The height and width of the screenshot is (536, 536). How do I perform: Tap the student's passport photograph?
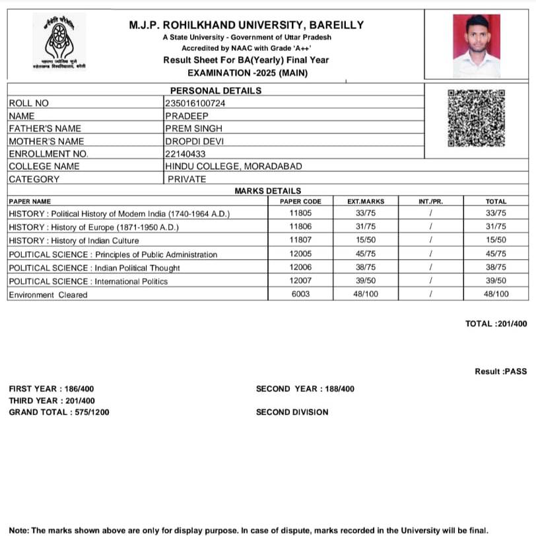tap(476, 46)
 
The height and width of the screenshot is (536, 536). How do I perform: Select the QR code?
tap(476, 118)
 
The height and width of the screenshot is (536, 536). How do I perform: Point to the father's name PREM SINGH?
tap(193, 128)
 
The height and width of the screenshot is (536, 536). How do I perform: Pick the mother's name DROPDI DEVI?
tap(195, 141)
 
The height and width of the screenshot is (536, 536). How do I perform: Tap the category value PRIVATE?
tap(187, 179)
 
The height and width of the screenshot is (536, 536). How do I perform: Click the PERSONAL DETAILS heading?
tap(216, 91)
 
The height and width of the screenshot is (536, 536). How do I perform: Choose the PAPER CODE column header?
tap(300, 201)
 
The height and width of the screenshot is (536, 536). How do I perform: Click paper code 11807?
tap(300, 241)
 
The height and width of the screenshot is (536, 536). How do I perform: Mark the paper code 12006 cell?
tap(300, 268)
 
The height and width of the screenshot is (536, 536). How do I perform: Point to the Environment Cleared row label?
tap(48, 295)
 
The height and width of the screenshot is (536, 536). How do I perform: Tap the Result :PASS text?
tap(500, 371)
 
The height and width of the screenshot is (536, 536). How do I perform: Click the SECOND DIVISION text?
tap(292, 412)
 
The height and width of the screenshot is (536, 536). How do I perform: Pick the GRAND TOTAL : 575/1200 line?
tap(59, 412)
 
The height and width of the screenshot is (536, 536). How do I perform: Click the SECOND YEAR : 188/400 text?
tap(305, 389)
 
